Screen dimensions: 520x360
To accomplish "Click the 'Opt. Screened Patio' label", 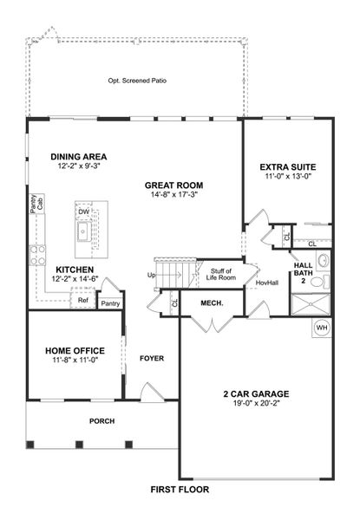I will pyautogui.click(x=137, y=81).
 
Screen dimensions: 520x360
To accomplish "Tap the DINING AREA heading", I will pyautogui.click(x=78, y=157).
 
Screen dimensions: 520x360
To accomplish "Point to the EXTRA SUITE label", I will pyautogui.click(x=288, y=166).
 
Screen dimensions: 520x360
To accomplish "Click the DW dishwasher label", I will pyautogui.click(x=82, y=211).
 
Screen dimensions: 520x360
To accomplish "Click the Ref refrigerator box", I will pyautogui.click(x=83, y=301).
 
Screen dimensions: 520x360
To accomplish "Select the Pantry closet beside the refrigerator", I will pyautogui.click(x=110, y=303).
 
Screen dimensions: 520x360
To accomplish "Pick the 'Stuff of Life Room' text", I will pyautogui.click(x=223, y=275).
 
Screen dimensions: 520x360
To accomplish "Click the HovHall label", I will pyautogui.click(x=267, y=283).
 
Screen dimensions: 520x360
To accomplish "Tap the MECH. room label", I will pyautogui.click(x=212, y=303).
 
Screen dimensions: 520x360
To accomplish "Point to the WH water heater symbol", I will pyautogui.click(x=321, y=328).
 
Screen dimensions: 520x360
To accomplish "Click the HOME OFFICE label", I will pyautogui.click(x=75, y=350).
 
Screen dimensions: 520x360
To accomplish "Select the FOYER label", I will pyautogui.click(x=152, y=358).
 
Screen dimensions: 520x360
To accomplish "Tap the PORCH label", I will pyautogui.click(x=101, y=421).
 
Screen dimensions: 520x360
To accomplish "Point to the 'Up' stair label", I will pyautogui.click(x=153, y=276).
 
